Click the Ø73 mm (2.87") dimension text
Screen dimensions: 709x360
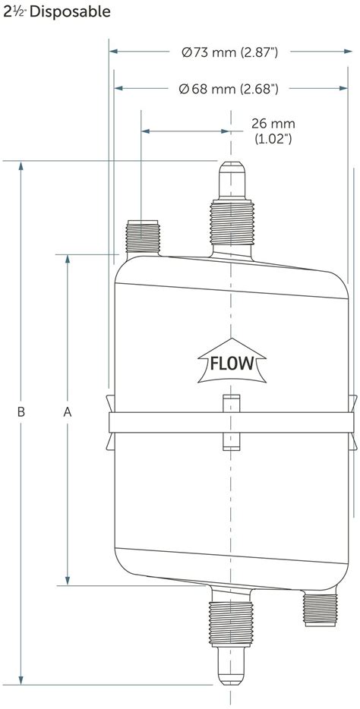point(229,52)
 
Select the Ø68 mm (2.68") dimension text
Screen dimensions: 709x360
point(229,89)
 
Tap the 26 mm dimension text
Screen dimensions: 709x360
point(273,123)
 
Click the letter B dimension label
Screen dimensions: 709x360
point(22,411)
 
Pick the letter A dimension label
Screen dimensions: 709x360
point(68,411)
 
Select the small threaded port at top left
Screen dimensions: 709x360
point(142,235)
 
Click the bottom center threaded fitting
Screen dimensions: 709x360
point(230,619)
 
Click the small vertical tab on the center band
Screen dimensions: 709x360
point(230,421)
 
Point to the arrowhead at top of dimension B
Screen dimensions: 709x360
point(22,167)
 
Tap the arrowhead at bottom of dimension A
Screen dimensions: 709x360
point(68,579)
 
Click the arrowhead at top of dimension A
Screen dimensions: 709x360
point(68,260)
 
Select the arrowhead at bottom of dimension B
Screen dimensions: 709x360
point(22,679)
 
